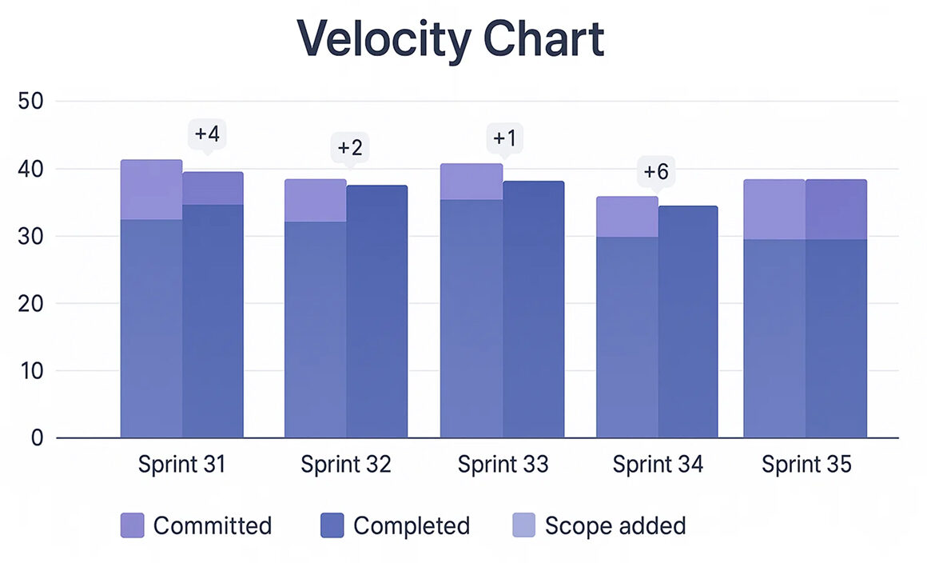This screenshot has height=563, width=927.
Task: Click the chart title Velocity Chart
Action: (x=451, y=38)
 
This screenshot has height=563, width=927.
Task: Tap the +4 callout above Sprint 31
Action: (x=207, y=134)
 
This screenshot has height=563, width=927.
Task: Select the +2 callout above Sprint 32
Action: (x=350, y=148)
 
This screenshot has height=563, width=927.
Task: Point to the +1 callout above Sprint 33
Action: (x=504, y=138)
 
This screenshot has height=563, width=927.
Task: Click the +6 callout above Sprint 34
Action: (x=656, y=171)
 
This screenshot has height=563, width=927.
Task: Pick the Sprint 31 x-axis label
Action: (x=181, y=465)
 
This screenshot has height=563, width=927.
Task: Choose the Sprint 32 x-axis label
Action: (x=346, y=465)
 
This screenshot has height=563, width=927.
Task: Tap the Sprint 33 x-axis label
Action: (x=503, y=465)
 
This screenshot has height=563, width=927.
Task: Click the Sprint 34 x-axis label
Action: (x=658, y=465)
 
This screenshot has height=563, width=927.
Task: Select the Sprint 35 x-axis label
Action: (x=806, y=465)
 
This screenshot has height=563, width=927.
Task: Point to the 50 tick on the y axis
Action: (x=34, y=102)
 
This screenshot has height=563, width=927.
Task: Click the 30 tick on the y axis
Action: (x=34, y=237)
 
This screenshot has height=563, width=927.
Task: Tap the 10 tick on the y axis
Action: (x=34, y=371)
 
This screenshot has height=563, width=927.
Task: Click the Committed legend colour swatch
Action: (x=133, y=525)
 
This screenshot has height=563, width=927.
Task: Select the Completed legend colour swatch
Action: (x=332, y=525)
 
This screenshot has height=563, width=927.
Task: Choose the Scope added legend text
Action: (x=615, y=525)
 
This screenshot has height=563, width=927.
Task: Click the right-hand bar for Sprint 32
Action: (x=376, y=312)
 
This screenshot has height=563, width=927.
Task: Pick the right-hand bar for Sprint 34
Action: (x=687, y=322)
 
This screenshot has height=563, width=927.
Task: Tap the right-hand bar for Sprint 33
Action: (x=533, y=309)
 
